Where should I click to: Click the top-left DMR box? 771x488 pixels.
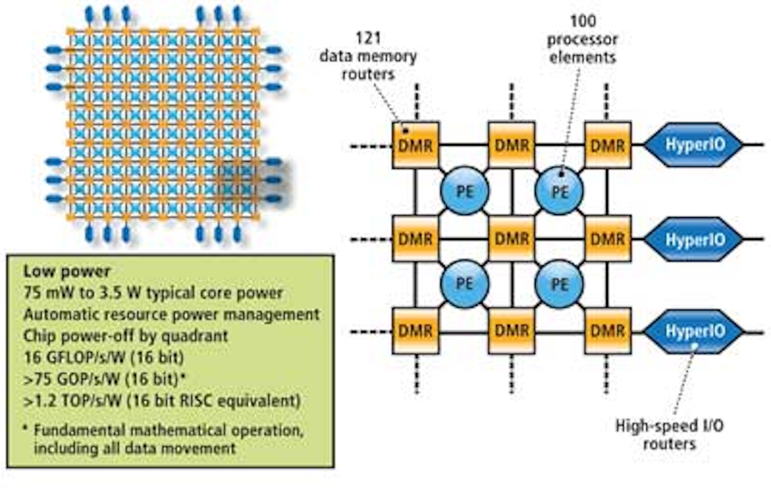coord(415,145)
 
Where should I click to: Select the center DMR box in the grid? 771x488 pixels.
coord(511,239)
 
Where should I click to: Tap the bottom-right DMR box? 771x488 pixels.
coord(607,331)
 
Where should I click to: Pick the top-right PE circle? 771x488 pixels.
coord(560,191)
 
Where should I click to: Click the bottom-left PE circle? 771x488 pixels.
coord(464,284)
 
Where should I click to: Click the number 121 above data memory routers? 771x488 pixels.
coord(368,38)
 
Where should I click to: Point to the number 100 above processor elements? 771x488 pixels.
coord(583,21)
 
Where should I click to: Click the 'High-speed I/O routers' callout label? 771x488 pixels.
coord(669,434)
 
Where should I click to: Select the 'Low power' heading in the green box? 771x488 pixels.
coord(67,271)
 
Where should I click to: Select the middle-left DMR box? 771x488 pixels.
coord(415,239)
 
